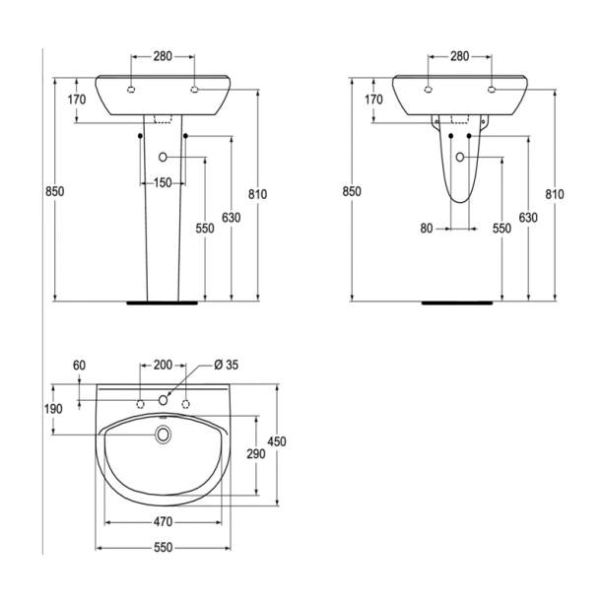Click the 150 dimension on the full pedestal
[163, 183]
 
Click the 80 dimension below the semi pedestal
[427, 229]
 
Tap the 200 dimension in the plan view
[163, 365]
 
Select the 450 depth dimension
[277, 442]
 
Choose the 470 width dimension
[164, 520]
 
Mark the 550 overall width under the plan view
[164, 547]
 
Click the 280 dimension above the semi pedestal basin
[460, 56]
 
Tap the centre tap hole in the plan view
[164, 400]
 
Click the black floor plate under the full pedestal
[163, 302]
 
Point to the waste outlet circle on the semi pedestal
[460, 158]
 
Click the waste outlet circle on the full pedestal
[163, 157]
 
